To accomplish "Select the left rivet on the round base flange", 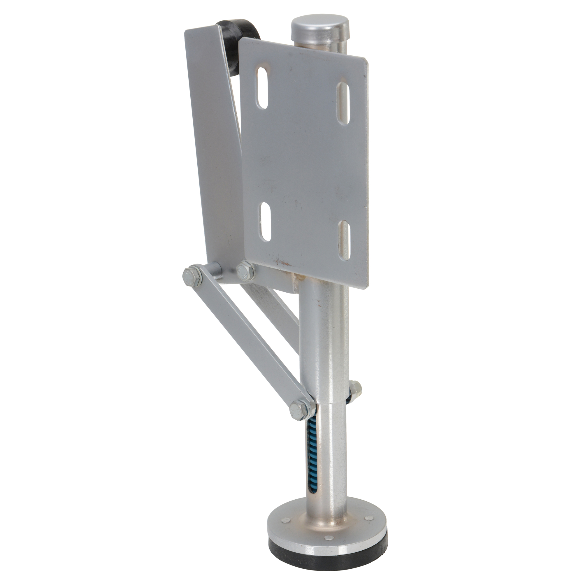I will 285,520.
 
